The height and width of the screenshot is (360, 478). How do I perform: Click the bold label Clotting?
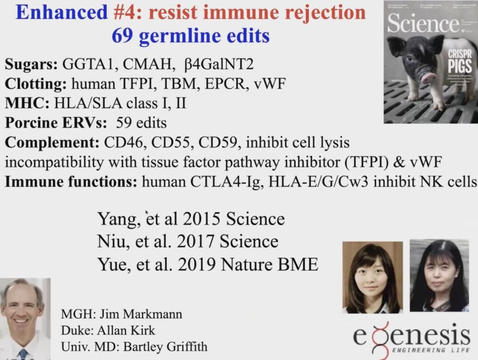[35, 84]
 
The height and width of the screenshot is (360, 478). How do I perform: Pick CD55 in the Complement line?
[162, 142]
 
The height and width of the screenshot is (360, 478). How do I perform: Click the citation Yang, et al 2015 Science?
[190, 218]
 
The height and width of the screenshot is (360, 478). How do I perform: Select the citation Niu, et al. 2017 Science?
[188, 242]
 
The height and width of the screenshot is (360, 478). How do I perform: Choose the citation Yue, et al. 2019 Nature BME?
[208, 264]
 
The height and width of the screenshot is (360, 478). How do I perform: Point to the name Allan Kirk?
[126, 330]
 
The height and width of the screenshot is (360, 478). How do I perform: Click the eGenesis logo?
[411, 338]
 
